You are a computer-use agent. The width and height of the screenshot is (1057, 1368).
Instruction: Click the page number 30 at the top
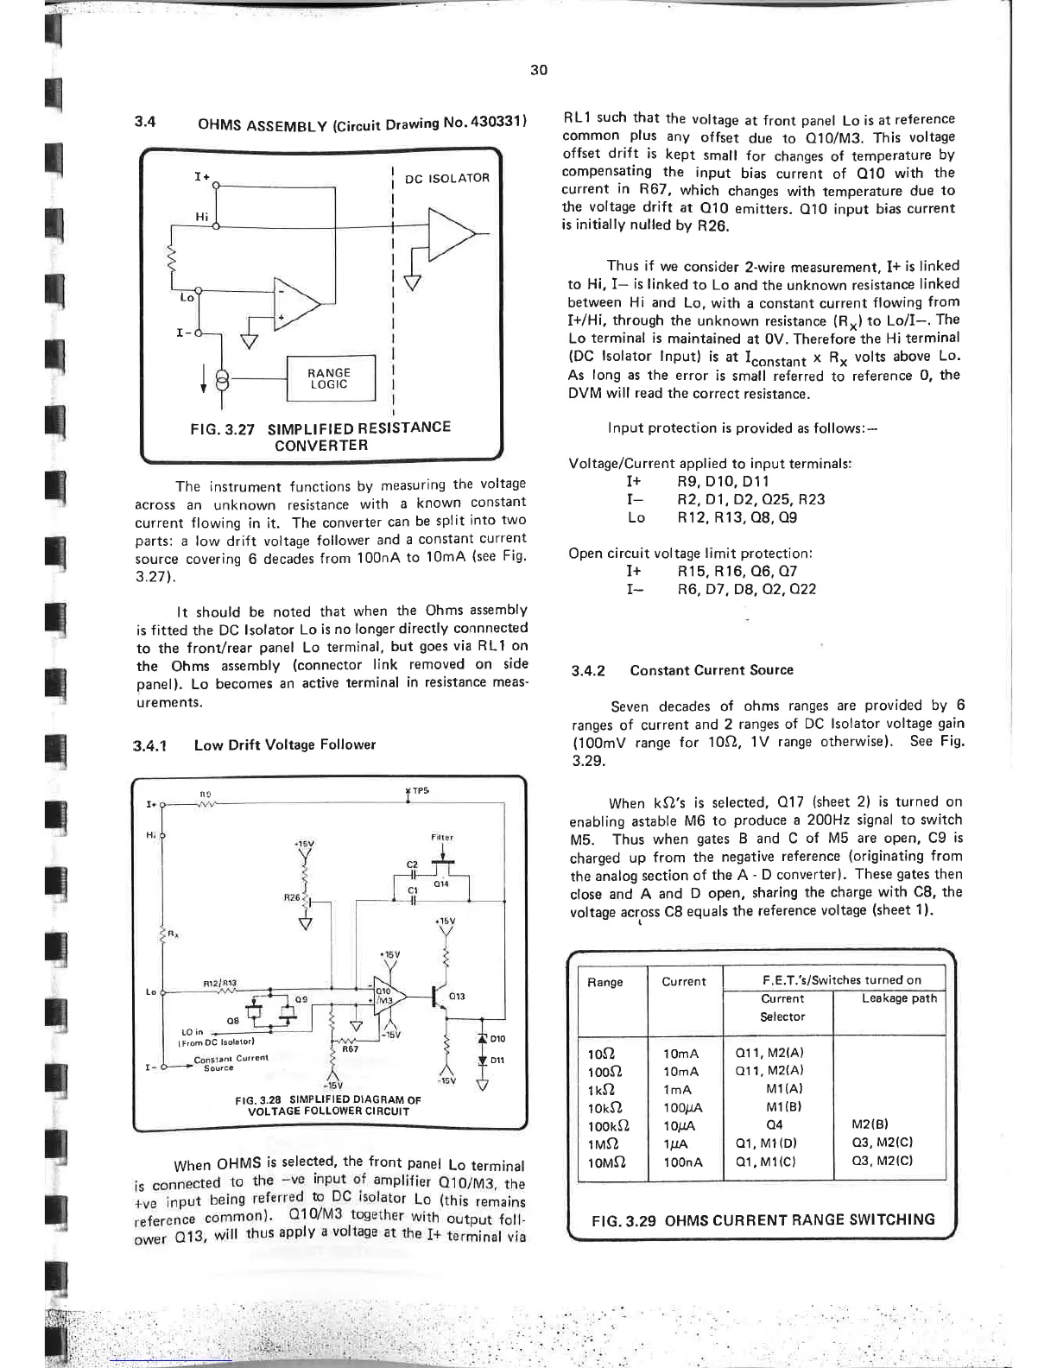(x=539, y=70)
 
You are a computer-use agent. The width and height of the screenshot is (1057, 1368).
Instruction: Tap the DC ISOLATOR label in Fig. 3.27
(x=446, y=179)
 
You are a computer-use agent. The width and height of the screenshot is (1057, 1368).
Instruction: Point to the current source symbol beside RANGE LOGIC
(x=224, y=379)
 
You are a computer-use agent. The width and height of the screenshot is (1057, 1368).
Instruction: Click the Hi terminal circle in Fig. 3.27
(x=215, y=226)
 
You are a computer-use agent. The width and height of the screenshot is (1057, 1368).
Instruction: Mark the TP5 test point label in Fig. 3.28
(x=420, y=790)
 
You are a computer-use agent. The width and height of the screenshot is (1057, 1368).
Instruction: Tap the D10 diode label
(x=497, y=1039)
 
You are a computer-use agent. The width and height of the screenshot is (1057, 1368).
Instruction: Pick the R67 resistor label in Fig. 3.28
(x=351, y=1049)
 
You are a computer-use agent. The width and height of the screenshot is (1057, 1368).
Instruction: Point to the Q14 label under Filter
(x=442, y=883)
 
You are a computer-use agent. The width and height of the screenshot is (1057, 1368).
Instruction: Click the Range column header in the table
(x=604, y=982)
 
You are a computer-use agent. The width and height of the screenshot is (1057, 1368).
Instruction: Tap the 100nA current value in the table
(x=681, y=1162)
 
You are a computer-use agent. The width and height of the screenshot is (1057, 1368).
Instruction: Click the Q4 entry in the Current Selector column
(x=775, y=1125)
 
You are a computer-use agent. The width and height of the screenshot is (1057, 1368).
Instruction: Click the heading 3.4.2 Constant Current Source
(x=682, y=670)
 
